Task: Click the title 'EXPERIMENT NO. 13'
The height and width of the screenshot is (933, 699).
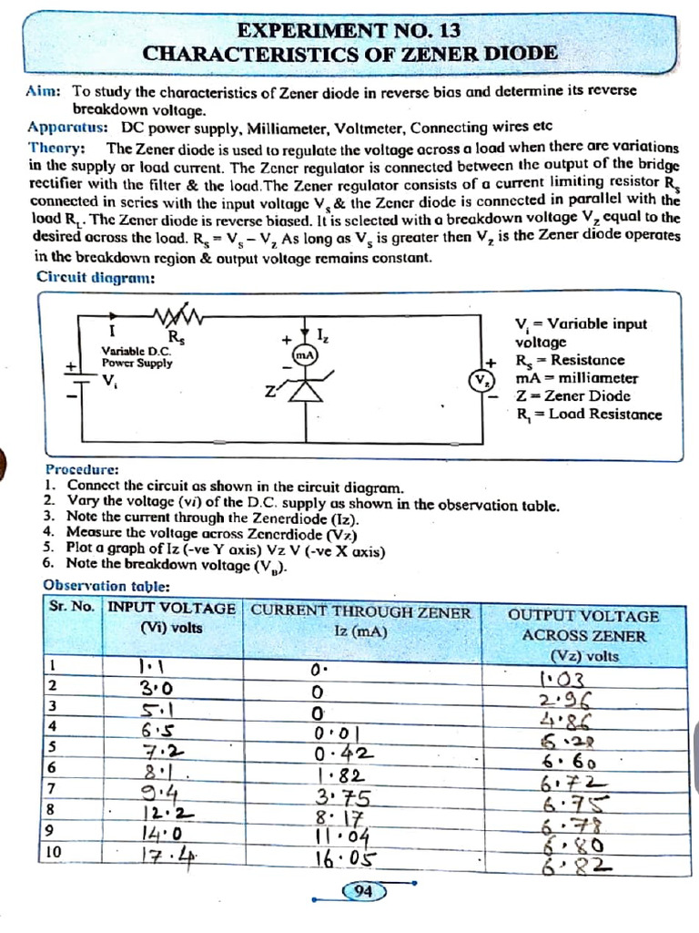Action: click(x=349, y=29)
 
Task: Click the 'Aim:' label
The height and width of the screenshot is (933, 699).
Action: click(x=43, y=92)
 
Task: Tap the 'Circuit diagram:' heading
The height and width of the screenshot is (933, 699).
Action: click(x=95, y=277)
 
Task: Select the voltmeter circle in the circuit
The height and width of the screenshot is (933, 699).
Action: click(x=480, y=380)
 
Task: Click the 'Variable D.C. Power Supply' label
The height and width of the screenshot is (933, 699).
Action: click(x=137, y=356)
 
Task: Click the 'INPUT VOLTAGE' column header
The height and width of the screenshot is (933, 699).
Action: click(x=172, y=609)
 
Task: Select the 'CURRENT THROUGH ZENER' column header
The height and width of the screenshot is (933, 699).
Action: click(x=361, y=612)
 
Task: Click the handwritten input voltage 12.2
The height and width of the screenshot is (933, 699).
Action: click(x=167, y=814)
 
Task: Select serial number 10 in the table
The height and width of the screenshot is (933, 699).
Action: click(x=54, y=852)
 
